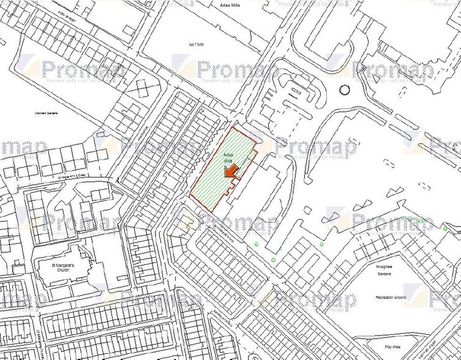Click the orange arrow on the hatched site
230,173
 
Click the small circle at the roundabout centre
345,89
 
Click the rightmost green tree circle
446,228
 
